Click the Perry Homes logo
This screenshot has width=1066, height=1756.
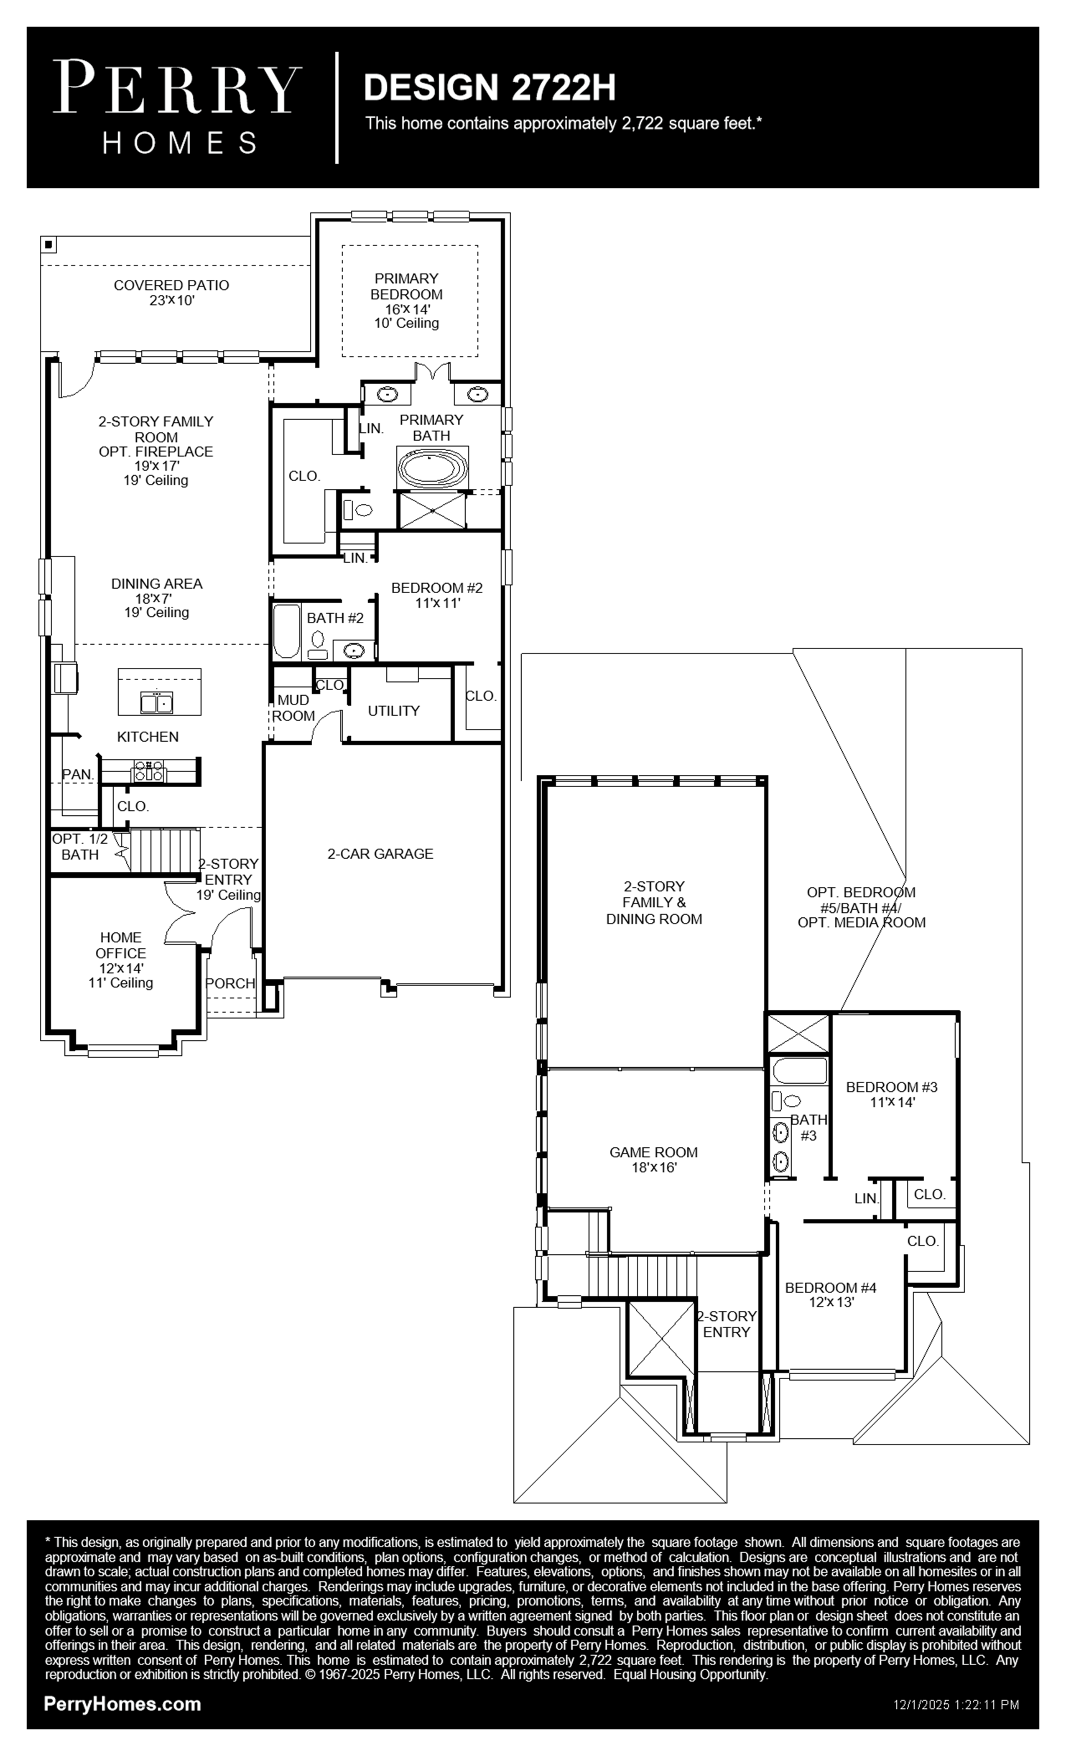[x=177, y=107]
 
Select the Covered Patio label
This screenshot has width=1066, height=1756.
[x=172, y=292]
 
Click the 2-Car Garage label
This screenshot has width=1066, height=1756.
[x=380, y=853]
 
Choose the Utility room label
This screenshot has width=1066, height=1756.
[x=393, y=710]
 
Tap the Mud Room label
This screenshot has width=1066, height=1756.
[x=293, y=708]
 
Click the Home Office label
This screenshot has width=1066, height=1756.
[x=120, y=960]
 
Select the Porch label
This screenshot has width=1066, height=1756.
[x=230, y=983]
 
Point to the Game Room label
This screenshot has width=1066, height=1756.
[x=653, y=1159]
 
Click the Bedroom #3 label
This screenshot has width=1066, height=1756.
[x=891, y=1094]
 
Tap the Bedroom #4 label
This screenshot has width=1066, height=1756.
[x=831, y=1294]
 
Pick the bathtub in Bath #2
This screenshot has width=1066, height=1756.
[x=287, y=631]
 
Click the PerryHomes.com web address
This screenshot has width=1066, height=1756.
[x=122, y=1704]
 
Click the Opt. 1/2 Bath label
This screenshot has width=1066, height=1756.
[x=80, y=847]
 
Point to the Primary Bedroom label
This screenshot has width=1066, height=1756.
[x=406, y=300]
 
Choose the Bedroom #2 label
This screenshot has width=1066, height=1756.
[x=437, y=595]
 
